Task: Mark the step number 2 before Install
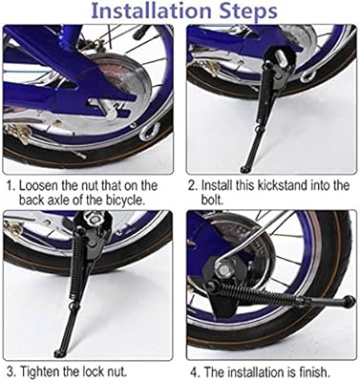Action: coord(192,185)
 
